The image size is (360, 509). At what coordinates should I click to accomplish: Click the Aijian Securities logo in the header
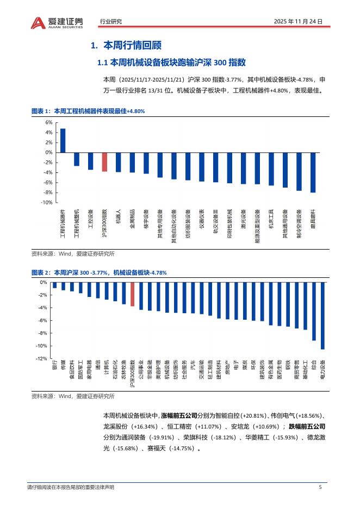click(x=57, y=22)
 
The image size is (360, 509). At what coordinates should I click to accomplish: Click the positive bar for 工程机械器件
click(x=63, y=141)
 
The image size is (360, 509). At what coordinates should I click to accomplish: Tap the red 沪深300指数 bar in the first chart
click(x=104, y=162)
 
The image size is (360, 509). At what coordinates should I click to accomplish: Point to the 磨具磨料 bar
click(x=313, y=172)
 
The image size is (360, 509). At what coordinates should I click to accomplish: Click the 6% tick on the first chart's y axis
click(x=49, y=122)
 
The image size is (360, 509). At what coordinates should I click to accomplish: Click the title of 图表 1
click(x=88, y=110)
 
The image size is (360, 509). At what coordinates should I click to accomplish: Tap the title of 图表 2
click(x=99, y=272)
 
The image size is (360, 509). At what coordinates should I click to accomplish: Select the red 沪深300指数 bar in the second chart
click(x=132, y=295)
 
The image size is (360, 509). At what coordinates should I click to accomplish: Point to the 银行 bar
click(x=54, y=285)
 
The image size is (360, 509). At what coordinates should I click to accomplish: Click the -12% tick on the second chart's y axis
click(x=42, y=359)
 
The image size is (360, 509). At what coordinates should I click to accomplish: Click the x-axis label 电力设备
click(x=322, y=371)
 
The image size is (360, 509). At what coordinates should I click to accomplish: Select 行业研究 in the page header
click(x=111, y=22)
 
